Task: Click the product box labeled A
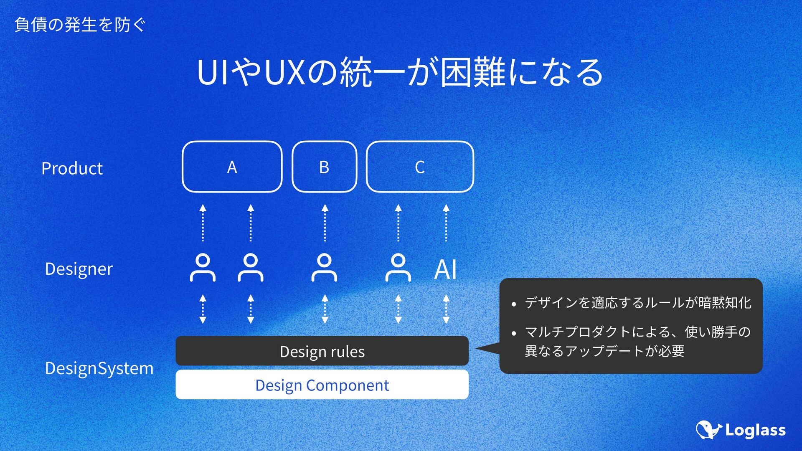point(232,167)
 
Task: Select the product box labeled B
point(324,167)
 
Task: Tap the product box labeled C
point(420,167)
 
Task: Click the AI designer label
point(446,269)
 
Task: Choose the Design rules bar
point(322,351)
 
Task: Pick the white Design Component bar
point(322,385)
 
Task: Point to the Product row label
point(72,168)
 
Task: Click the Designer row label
point(79,269)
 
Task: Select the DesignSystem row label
point(99,368)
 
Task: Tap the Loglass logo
point(741,430)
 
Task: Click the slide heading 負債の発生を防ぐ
point(80,25)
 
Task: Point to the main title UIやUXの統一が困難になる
point(400,72)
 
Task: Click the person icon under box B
point(324,268)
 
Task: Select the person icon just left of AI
point(398,268)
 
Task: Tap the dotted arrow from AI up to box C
point(446,223)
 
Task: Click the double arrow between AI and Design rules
point(446,309)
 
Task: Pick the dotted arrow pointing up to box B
point(325,223)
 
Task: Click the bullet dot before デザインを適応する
point(514,304)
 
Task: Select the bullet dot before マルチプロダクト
point(514,334)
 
